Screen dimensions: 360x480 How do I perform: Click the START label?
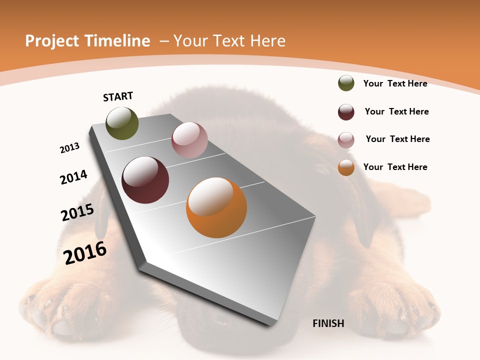point(118,96)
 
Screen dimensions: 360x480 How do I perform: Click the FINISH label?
point(328,323)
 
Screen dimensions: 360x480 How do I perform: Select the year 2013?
point(69,148)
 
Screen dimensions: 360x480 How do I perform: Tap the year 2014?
point(73,177)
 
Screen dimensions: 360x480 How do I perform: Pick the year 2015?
point(77,212)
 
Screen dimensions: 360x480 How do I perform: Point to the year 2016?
point(85,253)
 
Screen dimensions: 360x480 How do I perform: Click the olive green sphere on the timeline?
point(122,123)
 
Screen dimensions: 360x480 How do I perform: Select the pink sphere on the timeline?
point(189,140)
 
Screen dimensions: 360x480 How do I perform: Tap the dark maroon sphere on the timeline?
point(145,180)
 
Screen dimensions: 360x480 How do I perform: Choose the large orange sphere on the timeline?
point(216,207)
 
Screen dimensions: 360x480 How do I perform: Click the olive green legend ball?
point(346,83)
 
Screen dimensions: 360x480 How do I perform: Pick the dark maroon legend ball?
point(346,112)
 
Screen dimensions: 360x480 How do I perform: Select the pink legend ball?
point(346,140)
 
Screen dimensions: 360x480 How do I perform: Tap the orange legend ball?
point(346,167)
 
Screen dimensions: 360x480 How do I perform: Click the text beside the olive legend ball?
point(395,83)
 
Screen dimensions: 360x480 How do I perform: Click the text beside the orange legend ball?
point(395,167)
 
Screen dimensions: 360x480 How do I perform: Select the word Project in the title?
point(51,41)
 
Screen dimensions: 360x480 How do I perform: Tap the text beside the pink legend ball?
point(397,139)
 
